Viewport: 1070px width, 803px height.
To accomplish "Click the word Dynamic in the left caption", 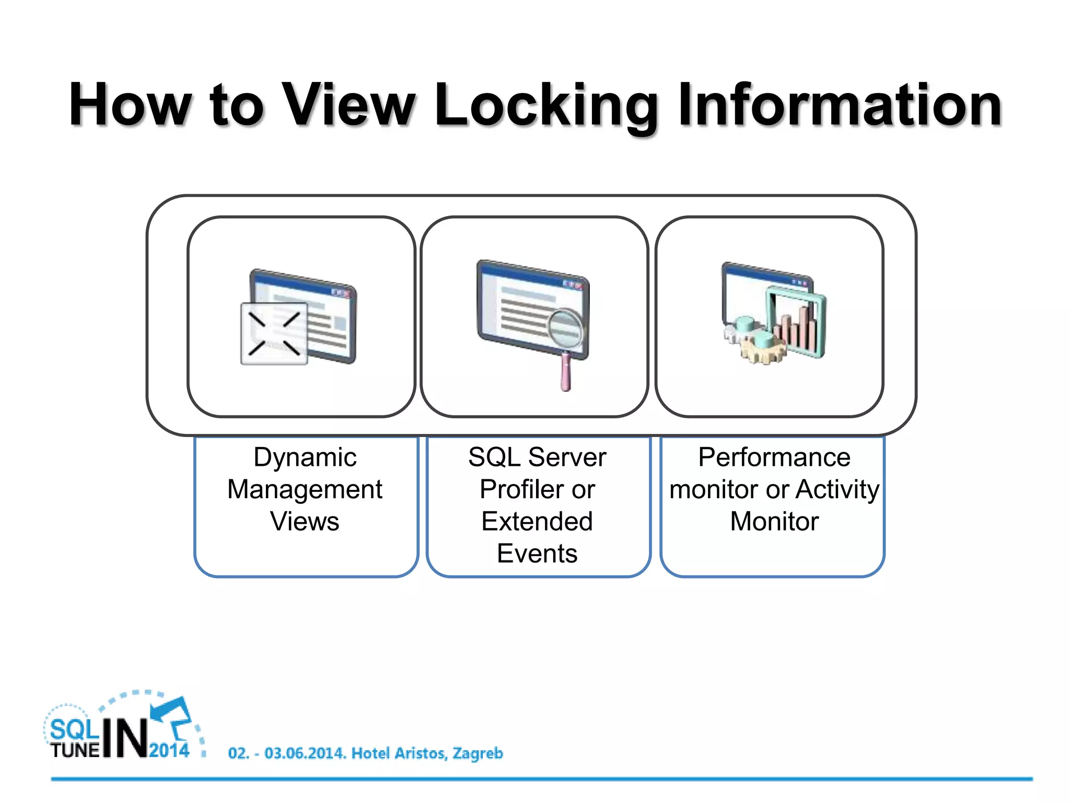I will (305, 458).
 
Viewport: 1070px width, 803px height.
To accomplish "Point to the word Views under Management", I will (305, 522).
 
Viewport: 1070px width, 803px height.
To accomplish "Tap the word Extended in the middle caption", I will (537, 522).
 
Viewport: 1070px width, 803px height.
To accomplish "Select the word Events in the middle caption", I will (537, 554).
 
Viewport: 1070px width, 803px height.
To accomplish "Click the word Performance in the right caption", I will (774, 457).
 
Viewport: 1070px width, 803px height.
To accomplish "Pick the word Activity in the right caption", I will (838, 490).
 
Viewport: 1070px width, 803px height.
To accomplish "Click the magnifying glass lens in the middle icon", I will (565, 328).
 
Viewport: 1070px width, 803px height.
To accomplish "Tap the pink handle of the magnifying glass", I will (565, 373).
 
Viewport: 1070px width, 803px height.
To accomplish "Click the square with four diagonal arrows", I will (274, 334).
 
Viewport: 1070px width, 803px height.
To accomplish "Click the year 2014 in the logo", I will (169, 751).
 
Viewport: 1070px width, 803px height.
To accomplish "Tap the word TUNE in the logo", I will (75, 751).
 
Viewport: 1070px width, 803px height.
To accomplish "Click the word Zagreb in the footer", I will (478, 753).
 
